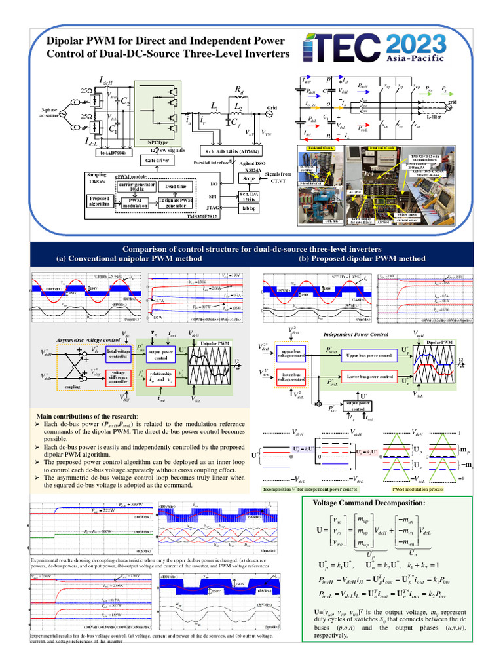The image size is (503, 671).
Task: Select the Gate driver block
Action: point(157,161)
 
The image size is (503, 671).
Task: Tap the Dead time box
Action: point(171,187)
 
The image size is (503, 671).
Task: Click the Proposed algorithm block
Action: point(102,201)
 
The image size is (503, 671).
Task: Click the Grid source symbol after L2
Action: point(267,113)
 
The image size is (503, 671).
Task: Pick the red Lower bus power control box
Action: point(369,377)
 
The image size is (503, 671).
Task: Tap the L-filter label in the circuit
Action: point(433,116)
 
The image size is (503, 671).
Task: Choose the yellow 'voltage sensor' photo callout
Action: point(408,215)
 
